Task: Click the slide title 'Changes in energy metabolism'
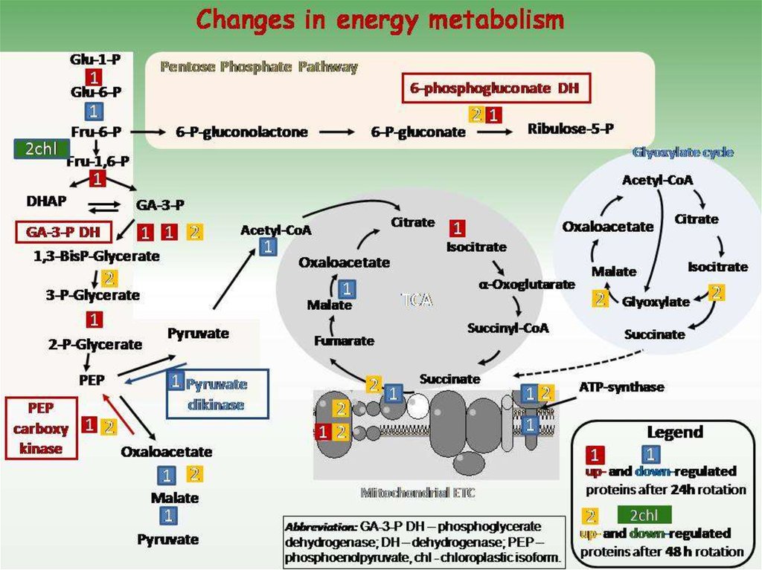point(380,20)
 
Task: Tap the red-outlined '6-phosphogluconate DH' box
point(496,88)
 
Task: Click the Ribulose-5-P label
point(570,129)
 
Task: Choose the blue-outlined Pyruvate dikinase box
point(215,393)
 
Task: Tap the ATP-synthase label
point(621,387)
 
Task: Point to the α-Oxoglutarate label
point(526,285)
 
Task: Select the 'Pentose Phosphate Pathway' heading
point(259,67)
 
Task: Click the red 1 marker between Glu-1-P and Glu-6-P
point(95,77)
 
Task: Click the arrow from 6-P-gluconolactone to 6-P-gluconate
point(338,132)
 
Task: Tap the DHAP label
point(46,201)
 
